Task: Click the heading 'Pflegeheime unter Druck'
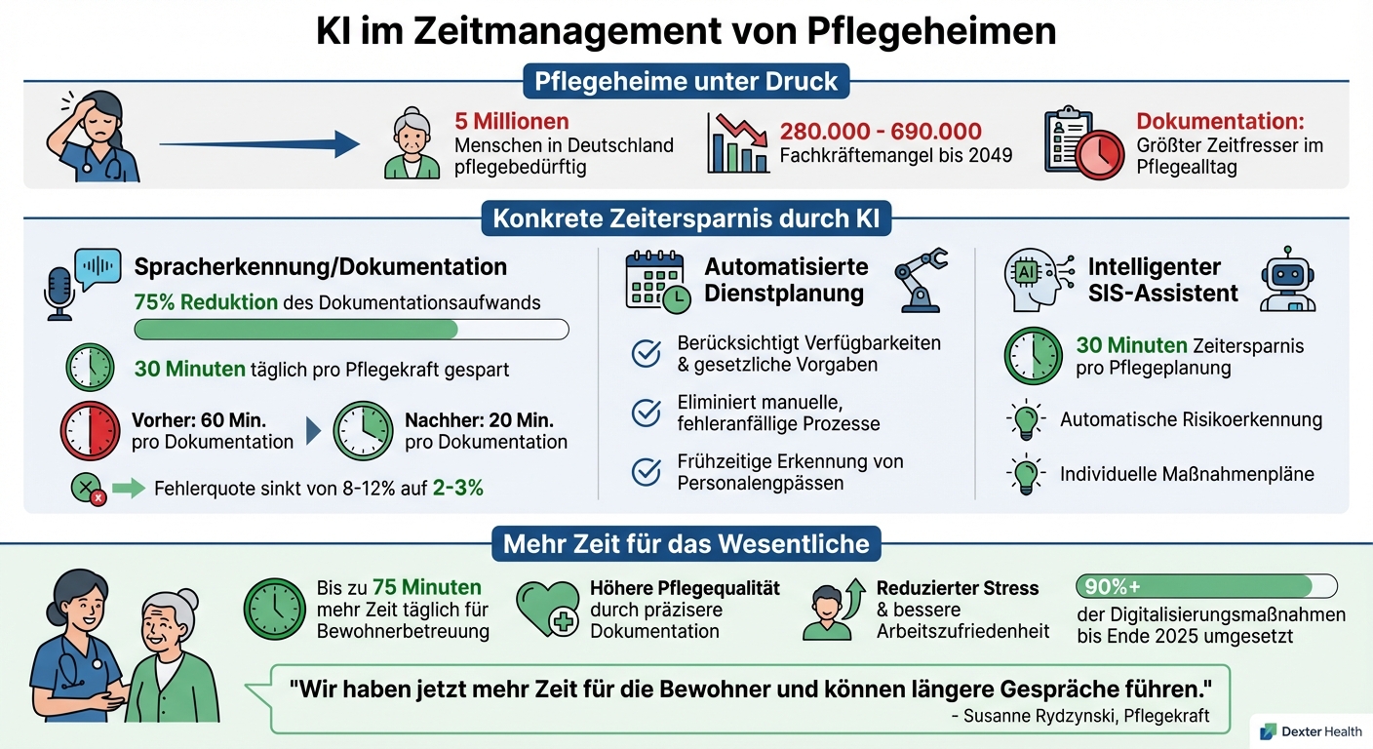tap(686, 80)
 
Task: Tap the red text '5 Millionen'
tap(512, 122)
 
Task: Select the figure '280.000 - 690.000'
tap(881, 132)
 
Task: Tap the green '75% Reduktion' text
tap(206, 302)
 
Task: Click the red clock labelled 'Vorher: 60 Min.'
tap(90, 431)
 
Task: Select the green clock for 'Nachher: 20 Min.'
tap(363, 431)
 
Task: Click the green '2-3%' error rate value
tap(458, 488)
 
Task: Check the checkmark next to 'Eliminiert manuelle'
tap(646, 414)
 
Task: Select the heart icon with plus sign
tap(548, 610)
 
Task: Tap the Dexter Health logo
tap(1311, 731)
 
